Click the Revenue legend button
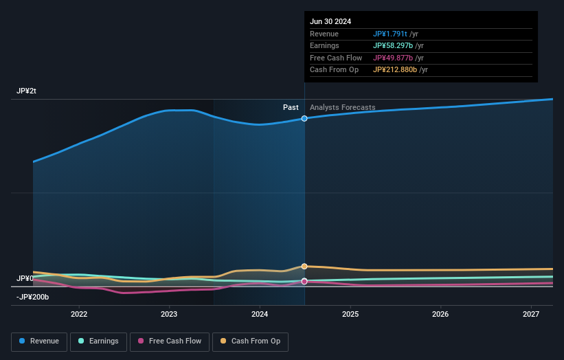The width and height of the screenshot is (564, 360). tap(39, 341)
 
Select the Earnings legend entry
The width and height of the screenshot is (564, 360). tap(98, 341)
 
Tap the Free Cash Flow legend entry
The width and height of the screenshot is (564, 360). tap(170, 341)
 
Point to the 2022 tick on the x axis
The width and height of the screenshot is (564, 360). tap(79, 315)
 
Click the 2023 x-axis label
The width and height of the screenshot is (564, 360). tap(169, 315)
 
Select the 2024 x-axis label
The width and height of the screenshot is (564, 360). tap(260, 315)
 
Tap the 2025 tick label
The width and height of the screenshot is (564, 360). tap(350, 315)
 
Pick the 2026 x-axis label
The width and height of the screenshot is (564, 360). tap(440, 315)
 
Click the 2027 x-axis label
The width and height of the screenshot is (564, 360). tap(530, 315)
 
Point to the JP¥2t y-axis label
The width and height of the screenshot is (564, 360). tap(27, 91)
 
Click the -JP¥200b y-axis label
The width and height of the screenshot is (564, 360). tap(33, 297)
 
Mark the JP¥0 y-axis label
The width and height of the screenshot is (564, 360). tap(25, 278)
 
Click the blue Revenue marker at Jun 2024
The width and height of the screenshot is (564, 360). tap(304, 119)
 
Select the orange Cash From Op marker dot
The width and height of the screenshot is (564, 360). tap(304, 267)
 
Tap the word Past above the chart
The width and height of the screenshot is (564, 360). tap(291, 107)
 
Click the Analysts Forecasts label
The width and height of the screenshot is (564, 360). tap(342, 107)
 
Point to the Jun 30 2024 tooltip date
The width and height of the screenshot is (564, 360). tap(330, 21)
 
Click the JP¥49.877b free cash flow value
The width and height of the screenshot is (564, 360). tap(394, 58)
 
